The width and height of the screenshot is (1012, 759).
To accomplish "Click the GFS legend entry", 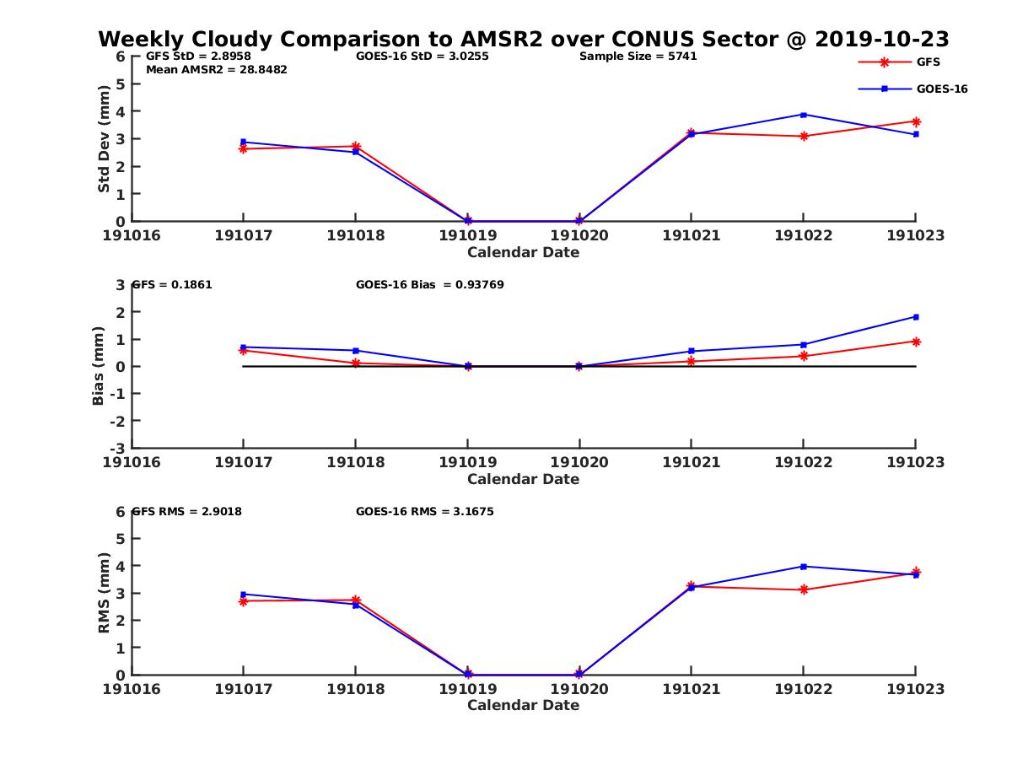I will tap(928, 62).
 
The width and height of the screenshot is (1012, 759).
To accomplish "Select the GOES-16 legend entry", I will tap(941, 89).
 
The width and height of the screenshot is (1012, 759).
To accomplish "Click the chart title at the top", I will tap(524, 39).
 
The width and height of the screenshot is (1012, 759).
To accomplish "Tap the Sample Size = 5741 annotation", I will tap(638, 57).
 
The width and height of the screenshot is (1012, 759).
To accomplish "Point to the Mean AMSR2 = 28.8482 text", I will tap(217, 69).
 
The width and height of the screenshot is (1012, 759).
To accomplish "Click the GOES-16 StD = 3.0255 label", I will tap(423, 57).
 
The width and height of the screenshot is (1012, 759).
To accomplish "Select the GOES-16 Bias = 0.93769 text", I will tap(430, 284).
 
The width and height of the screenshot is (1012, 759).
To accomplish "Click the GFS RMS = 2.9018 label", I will tap(187, 511).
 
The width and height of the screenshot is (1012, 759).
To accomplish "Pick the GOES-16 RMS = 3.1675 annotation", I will tap(425, 511).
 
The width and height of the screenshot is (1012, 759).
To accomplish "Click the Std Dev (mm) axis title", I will tap(104, 138).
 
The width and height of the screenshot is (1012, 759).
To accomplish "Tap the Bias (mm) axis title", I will tap(99, 366).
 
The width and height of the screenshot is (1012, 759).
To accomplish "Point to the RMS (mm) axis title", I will tap(104, 593).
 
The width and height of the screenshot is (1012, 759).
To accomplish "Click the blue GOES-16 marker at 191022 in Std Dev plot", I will tap(804, 115).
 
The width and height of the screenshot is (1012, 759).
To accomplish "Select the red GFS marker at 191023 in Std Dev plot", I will tap(916, 121).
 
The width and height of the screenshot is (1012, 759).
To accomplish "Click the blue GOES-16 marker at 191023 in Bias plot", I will tap(916, 317).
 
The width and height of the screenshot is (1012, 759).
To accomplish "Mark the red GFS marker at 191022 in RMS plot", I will tap(804, 589).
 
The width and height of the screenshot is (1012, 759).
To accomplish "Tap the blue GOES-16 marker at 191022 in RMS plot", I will tap(804, 567).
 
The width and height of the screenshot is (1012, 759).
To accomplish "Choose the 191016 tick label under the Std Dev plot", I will tap(132, 235).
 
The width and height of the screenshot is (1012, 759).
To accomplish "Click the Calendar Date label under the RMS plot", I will tap(524, 705).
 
